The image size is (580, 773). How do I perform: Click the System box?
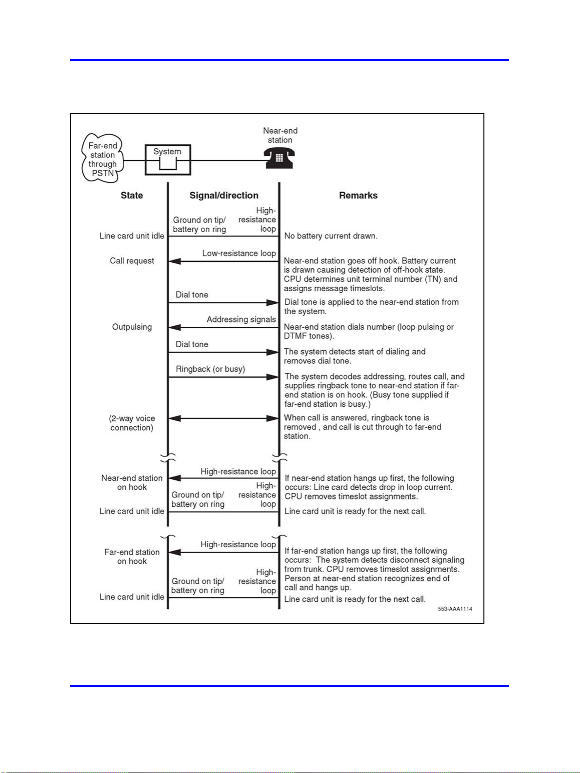168,159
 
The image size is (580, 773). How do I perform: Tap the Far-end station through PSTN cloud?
102,159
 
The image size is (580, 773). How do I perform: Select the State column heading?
132,196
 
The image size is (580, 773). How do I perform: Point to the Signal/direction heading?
224,196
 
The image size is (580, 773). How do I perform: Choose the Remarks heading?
358,196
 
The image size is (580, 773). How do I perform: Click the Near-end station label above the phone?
280,135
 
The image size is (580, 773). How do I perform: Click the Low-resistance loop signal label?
239,253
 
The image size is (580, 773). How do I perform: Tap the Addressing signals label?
241,319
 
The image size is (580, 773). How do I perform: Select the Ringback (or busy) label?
210,369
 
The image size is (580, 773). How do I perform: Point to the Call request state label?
132,261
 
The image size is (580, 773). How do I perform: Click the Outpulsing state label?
132,327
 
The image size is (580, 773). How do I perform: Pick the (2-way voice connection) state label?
132,423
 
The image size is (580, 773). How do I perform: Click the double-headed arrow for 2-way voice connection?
223,418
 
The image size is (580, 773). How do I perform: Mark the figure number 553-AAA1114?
455,609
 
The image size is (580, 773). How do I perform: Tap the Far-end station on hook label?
132,556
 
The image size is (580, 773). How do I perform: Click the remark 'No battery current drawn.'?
331,236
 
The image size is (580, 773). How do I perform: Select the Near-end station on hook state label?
132,482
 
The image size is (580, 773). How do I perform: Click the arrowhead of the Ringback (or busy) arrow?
273,377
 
